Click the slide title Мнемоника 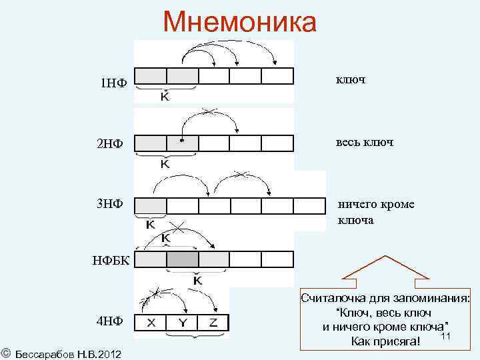pos(240,21)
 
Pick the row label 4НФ pos(109,321)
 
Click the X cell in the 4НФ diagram pos(151,323)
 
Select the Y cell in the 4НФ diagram pos(182,323)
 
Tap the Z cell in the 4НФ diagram pos(213,323)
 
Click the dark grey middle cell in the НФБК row pos(182,259)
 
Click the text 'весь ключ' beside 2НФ pos(365,143)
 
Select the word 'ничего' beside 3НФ pos(358,204)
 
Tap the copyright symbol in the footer pos(5,351)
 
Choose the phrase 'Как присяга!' pos(385,342)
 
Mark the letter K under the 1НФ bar pos(164,97)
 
